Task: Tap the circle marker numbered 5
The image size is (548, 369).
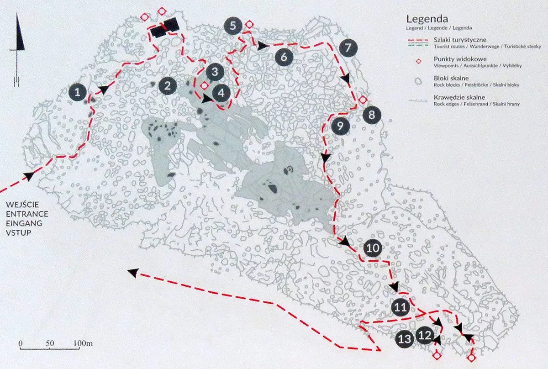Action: coord(233,26)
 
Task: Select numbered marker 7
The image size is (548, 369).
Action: coord(348,47)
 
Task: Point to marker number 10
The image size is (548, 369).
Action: coord(373,248)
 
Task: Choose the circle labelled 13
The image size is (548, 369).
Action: coord(405,339)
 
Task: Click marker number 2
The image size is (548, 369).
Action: coord(168,85)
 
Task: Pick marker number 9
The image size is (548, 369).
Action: coord(340,125)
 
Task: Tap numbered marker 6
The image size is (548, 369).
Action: coord(284,58)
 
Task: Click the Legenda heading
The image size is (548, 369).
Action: coord(427,20)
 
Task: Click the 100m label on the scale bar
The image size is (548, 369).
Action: coord(82,343)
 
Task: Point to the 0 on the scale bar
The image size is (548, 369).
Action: coord(21,343)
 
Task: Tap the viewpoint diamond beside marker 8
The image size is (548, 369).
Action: coord(363,100)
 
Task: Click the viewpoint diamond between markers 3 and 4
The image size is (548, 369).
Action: coord(205,85)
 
